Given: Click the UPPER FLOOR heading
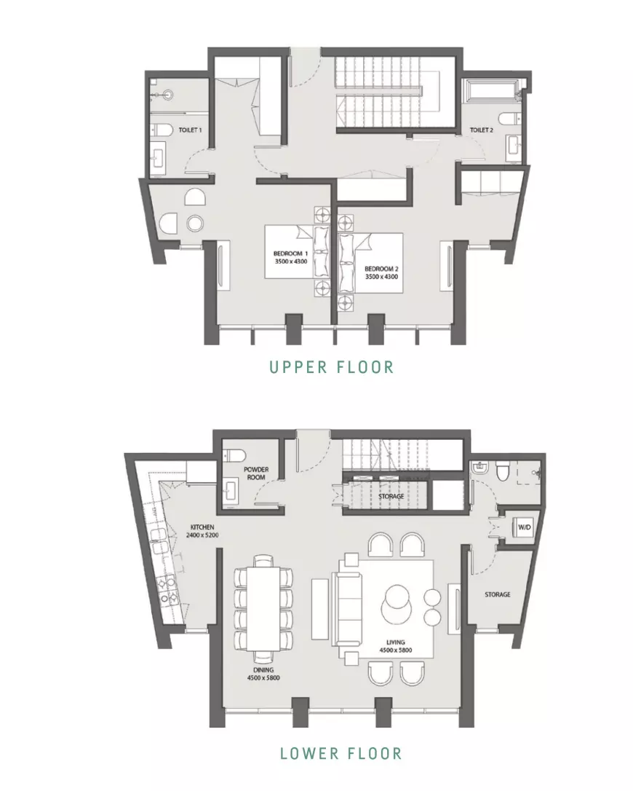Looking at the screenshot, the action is click(331, 367).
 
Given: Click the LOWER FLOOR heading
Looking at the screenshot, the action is click(341, 754).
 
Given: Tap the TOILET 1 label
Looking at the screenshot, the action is click(190, 130).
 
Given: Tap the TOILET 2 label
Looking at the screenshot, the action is click(482, 130).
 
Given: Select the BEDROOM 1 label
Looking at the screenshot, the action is click(291, 253).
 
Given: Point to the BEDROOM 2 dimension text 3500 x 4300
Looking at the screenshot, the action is click(381, 277).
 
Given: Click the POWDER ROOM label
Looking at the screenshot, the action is click(256, 473).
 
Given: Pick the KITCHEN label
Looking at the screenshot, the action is click(202, 527).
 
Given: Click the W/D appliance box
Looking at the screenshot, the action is click(524, 527).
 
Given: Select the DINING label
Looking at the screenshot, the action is click(263, 670).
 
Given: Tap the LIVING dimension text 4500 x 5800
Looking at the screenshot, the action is click(396, 650).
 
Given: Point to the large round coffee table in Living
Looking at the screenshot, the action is click(398, 605).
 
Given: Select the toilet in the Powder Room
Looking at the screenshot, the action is click(234, 455).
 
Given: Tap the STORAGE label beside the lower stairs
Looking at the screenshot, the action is click(391, 497).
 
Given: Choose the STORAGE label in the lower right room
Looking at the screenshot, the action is click(498, 595).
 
